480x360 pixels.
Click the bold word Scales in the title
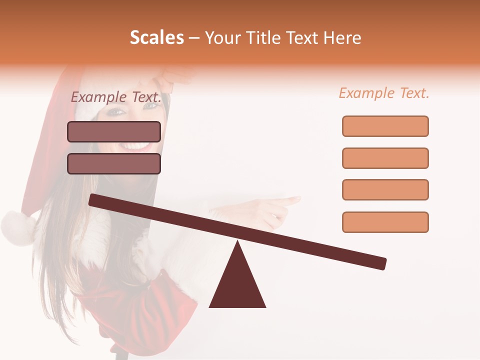(156, 38)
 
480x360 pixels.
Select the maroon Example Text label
(116, 97)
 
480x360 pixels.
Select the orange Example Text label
(384, 93)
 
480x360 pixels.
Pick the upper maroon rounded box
(114, 131)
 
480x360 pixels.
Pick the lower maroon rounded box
(114, 163)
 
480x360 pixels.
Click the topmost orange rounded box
(385, 126)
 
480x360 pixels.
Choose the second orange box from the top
(385, 158)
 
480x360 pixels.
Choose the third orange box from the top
(385, 189)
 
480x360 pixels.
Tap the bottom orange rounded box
(385, 222)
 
